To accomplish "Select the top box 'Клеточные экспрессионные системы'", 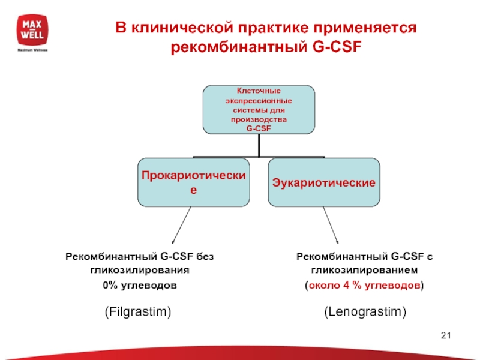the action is [x=259, y=109].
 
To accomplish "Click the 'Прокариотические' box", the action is [x=194, y=181].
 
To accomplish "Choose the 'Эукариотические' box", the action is [x=324, y=181].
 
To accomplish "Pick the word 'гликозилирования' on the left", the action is [x=140, y=271].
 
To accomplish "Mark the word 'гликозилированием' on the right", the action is [x=365, y=271].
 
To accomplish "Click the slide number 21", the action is [x=445, y=335].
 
